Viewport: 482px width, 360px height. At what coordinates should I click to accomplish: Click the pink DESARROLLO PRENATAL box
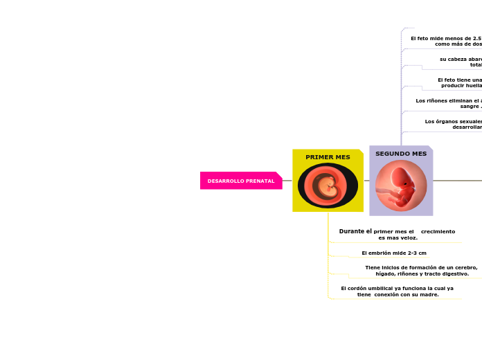point(240,181)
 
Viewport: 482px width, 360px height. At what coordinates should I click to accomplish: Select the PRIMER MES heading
point(328,157)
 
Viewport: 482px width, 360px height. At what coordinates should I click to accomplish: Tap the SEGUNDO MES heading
point(401,154)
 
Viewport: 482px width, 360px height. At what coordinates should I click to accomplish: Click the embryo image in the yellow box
point(328,186)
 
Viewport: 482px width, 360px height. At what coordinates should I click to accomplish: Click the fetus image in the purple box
point(401,186)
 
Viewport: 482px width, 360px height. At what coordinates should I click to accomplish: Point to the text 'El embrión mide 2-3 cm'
point(394,253)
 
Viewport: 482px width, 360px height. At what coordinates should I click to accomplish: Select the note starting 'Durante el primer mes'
point(397,234)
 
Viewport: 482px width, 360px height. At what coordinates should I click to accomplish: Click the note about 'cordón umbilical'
point(397,291)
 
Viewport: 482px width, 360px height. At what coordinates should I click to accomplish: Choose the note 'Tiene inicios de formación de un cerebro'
point(421,270)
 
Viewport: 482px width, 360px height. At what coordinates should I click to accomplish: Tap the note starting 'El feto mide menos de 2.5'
point(446,41)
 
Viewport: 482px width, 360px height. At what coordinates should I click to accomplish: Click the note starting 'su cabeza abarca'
point(461,62)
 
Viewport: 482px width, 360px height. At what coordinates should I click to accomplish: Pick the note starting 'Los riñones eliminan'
point(449,103)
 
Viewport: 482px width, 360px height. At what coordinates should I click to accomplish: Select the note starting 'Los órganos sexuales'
point(454,124)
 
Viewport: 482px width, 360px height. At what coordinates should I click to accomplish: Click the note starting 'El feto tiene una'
point(460,82)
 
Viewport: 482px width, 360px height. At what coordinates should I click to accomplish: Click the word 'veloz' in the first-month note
point(409,237)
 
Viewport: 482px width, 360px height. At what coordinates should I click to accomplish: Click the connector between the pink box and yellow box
point(287,181)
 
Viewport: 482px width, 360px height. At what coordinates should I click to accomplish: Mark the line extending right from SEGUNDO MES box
point(457,181)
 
